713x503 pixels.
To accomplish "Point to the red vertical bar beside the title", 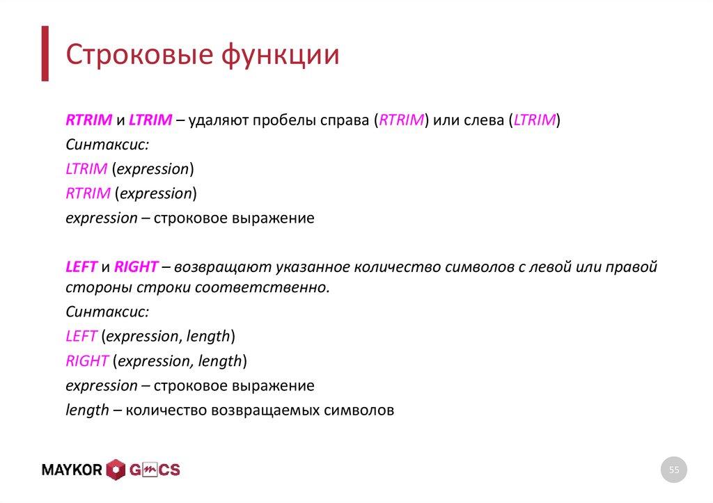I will pyautogui.click(x=45, y=54).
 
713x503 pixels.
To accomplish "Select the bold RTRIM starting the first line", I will pyautogui.click(x=88, y=120).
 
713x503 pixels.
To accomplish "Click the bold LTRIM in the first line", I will pyautogui.click(x=150, y=120).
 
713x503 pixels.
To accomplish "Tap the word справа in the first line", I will pyautogui.click(x=344, y=120).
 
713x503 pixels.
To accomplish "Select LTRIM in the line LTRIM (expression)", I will pyautogui.click(x=86, y=169).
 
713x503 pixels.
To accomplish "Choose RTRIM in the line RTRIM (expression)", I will pyautogui.click(x=88, y=193).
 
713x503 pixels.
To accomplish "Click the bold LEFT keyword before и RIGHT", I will pyautogui.click(x=81, y=267).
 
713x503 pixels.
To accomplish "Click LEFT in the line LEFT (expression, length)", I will pyautogui.click(x=81, y=337).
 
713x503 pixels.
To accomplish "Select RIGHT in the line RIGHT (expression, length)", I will pyautogui.click(x=87, y=361).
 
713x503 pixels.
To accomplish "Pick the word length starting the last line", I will pyautogui.click(x=87, y=410).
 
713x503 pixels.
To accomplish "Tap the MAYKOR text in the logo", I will pyautogui.click(x=72, y=470).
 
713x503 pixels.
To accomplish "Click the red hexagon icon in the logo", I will pyautogui.click(x=116, y=470).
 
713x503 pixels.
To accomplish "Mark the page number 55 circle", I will pyautogui.click(x=673, y=470).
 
